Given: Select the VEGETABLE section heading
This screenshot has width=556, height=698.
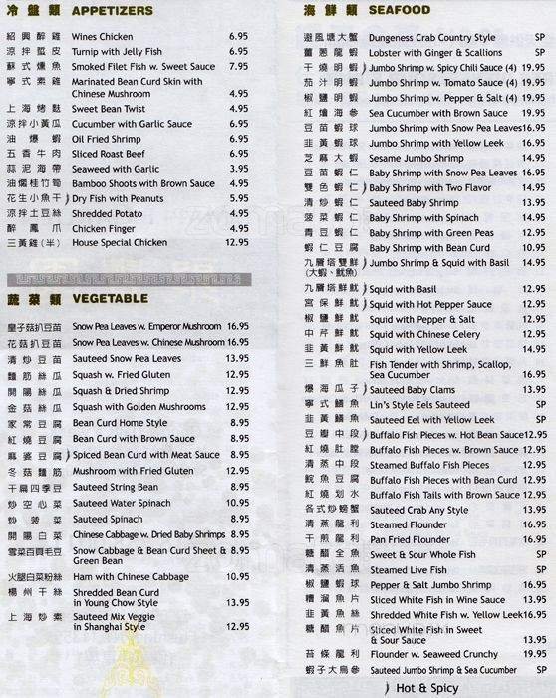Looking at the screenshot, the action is click(111, 298).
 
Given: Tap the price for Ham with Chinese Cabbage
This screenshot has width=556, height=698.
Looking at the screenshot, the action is click(237, 575).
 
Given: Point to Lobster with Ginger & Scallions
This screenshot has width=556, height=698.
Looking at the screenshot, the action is click(435, 53).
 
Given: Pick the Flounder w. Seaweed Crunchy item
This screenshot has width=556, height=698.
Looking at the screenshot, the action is click(433, 656).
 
